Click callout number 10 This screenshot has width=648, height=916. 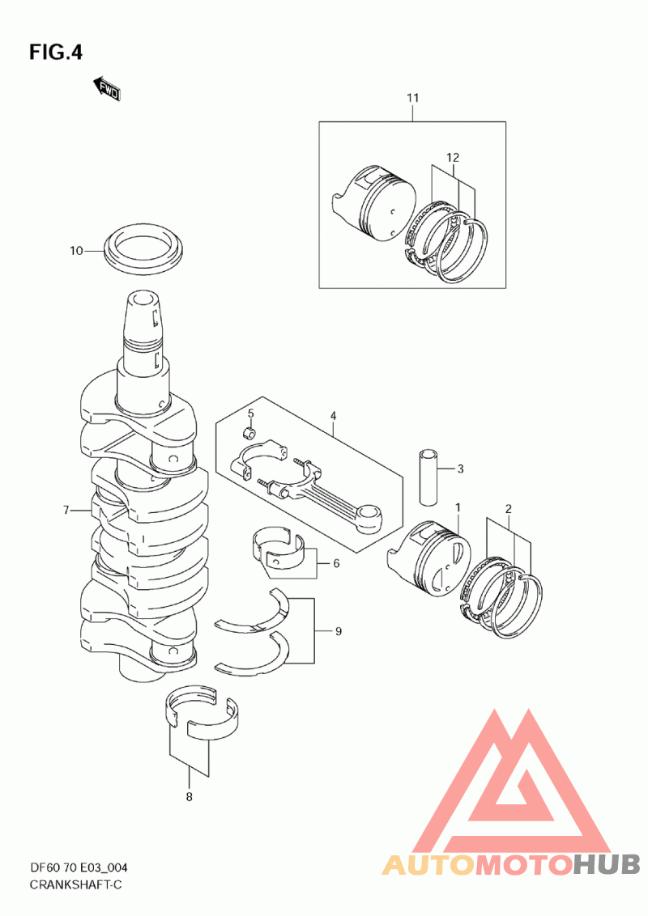[76, 251]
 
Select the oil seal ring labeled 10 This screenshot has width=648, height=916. [145, 245]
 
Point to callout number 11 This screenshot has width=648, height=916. [412, 99]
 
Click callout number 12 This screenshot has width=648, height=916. [452, 157]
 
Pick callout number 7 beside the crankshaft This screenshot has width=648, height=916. [69, 510]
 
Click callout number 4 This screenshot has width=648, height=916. [332, 416]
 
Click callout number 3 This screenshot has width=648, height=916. [459, 469]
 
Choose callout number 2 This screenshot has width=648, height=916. [508, 509]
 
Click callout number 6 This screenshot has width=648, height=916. [335, 563]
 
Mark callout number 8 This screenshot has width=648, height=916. [190, 797]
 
